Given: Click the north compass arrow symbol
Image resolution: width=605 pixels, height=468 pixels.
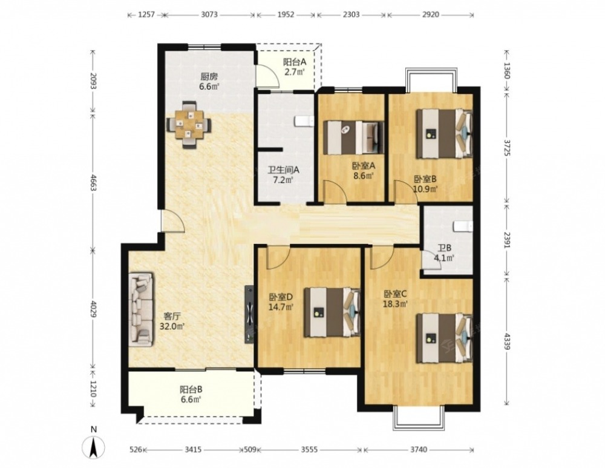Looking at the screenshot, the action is pyautogui.click(x=94, y=447).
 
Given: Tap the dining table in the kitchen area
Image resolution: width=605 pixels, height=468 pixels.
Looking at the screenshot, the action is pyautogui.click(x=189, y=125).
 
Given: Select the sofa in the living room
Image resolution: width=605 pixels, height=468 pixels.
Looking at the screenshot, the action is pyautogui.click(x=141, y=310).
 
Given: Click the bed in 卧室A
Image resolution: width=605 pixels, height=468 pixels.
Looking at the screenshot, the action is pyautogui.click(x=353, y=138).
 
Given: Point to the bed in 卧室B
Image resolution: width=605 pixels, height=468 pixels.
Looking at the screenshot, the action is pyautogui.click(x=444, y=134).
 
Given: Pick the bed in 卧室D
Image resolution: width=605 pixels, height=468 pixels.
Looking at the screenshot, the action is pyautogui.click(x=332, y=312).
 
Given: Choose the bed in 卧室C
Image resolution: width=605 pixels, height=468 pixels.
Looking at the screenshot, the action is pyautogui.click(x=444, y=338).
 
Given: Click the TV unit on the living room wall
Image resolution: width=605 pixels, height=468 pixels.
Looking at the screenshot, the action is pyautogui.click(x=249, y=314).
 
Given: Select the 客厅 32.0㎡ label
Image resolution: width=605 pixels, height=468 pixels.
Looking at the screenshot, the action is pyautogui.click(x=172, y=321).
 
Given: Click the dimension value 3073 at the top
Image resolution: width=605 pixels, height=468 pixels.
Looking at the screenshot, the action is pyautogui.click(x=209, y=15).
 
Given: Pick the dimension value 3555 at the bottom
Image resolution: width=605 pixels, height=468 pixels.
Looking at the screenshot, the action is pyautogui.click(x=309, y=449).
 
